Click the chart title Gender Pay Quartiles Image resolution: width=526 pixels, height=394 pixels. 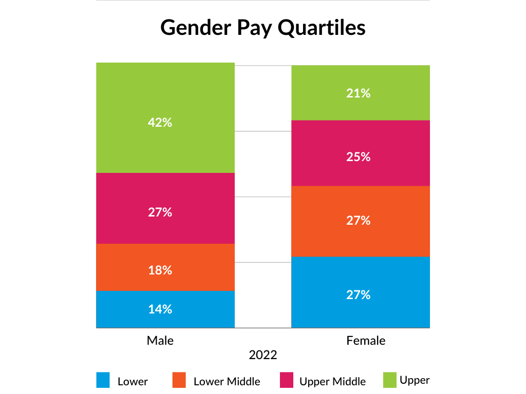(262, 27)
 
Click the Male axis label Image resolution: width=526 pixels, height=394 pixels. (160, 340)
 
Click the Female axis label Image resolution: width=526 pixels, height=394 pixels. (366, 340)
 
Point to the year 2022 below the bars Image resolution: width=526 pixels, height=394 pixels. (263, 355)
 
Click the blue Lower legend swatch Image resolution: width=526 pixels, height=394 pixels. (103, 380)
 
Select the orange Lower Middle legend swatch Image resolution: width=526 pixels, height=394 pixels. (178, 380)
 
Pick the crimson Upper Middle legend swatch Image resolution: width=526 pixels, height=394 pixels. (286, 380)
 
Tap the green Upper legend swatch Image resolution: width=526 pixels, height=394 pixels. (390, 380)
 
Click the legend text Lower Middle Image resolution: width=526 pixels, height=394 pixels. (227, 382)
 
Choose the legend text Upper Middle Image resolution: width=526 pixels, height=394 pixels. (332, 382)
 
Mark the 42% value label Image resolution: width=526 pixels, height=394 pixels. (160, 123)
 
